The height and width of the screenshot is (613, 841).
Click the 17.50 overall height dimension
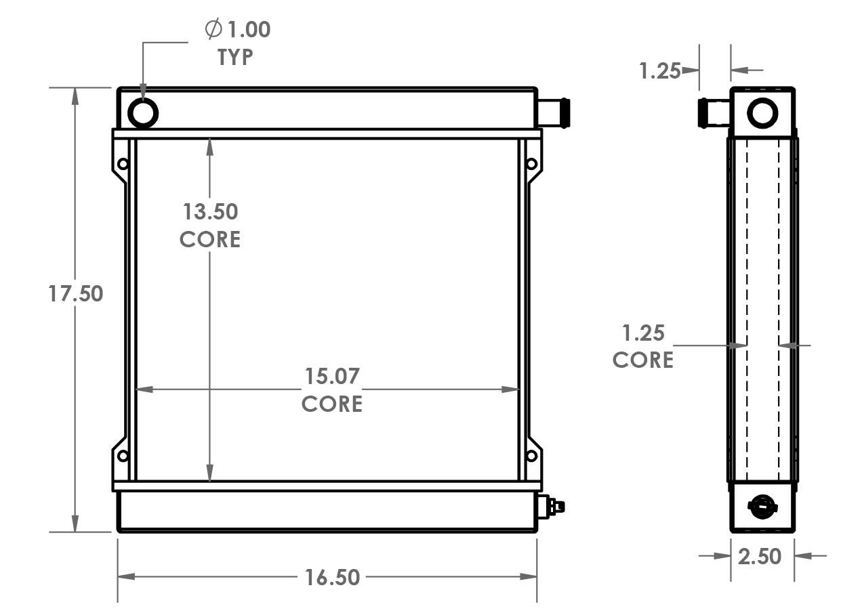[x=75, y=294]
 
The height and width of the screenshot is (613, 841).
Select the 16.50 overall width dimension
[x=331, y=578]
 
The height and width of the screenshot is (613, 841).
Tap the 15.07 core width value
[x=331, y=375]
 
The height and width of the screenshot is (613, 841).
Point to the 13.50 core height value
[x=210, y=211]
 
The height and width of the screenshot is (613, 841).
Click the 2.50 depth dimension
[x=759, y=556]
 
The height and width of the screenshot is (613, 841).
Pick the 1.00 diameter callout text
[x=248, y=30]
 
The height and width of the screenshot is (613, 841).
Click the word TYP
[x=235, y=58]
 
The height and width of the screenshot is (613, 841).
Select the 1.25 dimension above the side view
[x=659, y=70]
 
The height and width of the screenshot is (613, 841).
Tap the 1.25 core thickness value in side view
[x=643, y=333]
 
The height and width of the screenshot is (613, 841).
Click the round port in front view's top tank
[x=144, y=112]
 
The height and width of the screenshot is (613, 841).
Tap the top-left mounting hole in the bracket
[x=123, y=163]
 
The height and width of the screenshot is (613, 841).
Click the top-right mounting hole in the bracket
[x=531, y=163]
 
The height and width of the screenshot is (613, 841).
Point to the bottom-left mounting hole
[x=123, y=456]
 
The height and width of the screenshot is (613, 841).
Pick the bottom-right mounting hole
[x=531, y=456]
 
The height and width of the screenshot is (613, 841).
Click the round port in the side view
[x=762, y=112]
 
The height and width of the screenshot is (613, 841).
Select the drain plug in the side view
[x=762, y=505]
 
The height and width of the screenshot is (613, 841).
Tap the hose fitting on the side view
[x=714, y=112]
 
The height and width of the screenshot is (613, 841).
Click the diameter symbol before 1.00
[x=212, y=29]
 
